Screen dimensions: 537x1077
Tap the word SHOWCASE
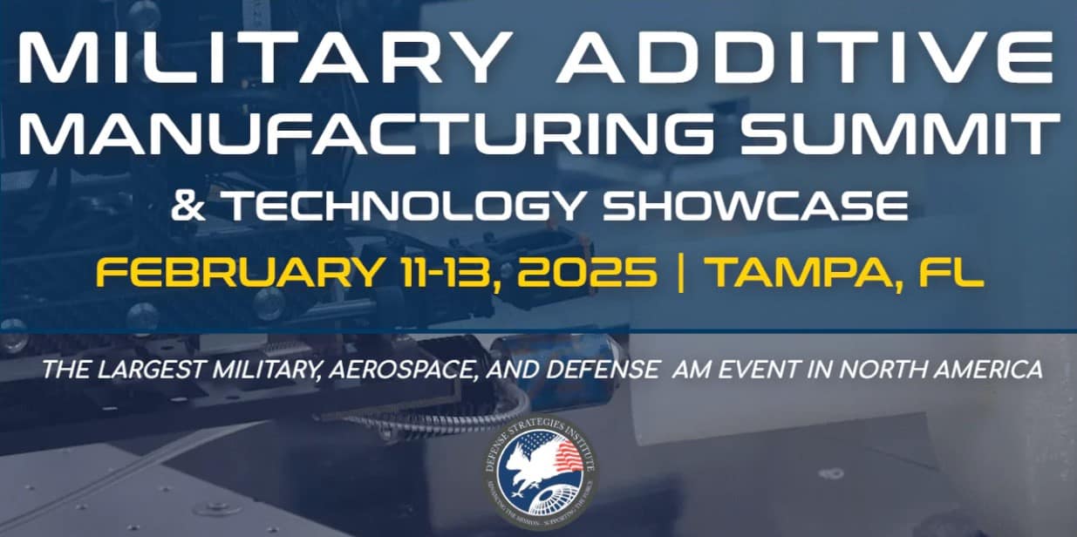(x=756, y=207)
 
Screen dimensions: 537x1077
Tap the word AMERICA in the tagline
(x=989, y=370)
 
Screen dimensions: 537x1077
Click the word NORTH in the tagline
(x=878, y=370)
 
